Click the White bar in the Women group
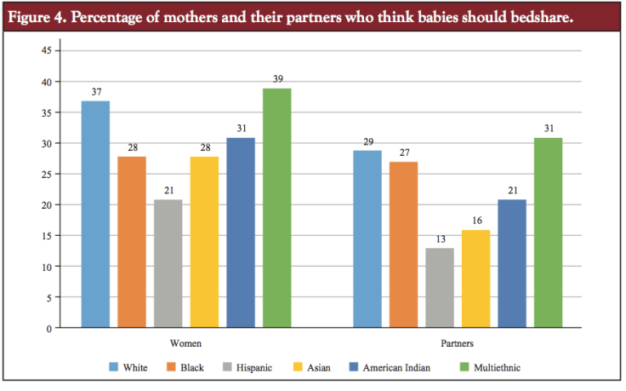click(x=95, y=215)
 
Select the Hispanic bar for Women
click(x=168, y=263)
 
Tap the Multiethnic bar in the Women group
click(x=277, y=209)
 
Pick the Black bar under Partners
click(x=404, y=244)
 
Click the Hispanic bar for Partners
click(x=441, y=288)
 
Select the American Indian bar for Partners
click(x=513, y=263)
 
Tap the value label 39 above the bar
click(x=277, y=78)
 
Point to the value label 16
click(x=476, y=220)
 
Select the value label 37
click(x=95, y=91)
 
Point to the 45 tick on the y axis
click(x=46, y=51)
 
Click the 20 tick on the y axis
click(x=46, y=205)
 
